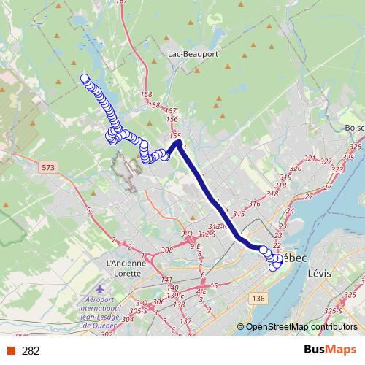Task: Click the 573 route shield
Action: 48,168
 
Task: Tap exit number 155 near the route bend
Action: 175,136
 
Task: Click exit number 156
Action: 172,119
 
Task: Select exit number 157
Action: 172,110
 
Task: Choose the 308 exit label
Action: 166,250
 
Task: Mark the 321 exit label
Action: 310,158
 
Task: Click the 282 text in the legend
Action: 31,351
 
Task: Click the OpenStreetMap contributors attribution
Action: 303,326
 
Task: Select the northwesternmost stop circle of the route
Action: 85,78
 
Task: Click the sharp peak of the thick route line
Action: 177,143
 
